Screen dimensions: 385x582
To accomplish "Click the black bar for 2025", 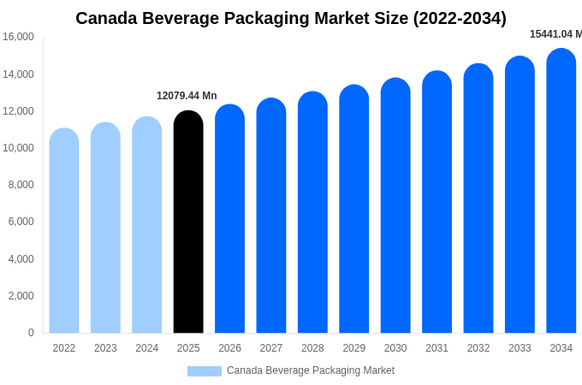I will point(188,222).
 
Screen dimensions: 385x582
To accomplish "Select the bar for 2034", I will point(561,192).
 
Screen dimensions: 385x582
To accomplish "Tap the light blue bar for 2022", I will point(64,231).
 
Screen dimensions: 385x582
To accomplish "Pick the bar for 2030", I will point(395,206).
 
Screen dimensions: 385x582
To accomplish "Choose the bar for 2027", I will point(271,216).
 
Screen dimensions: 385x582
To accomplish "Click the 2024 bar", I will point(147,226).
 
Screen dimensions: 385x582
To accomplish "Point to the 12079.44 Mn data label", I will point(187,96).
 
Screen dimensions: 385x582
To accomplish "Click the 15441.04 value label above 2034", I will point(555,34).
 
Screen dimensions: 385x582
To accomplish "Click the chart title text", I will point(291,18).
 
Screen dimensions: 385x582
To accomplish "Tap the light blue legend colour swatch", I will point(204,371).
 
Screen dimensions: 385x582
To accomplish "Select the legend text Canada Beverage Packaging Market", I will point(311,370).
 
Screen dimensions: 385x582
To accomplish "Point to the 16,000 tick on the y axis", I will point(18,37).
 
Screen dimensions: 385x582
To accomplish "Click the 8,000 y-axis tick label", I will point(21,185).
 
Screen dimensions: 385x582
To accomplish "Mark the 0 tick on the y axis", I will point(31,333).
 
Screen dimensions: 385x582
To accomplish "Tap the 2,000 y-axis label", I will point(21,296).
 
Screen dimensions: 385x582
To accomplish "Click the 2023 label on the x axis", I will point(105,348).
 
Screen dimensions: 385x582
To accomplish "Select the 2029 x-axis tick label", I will point(354,348).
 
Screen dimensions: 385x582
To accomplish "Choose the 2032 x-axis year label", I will point(478,348).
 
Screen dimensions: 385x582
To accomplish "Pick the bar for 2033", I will point(520,196).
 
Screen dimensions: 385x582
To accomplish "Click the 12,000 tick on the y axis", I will point(18,111).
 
